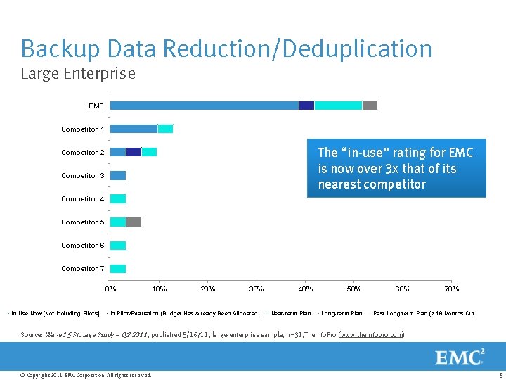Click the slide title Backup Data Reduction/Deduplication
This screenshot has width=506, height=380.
226,49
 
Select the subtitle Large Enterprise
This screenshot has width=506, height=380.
78,73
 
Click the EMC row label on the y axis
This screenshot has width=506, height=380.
96,106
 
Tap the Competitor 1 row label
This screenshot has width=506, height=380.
83,129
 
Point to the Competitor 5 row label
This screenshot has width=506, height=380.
83,222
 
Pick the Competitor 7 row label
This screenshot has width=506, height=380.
83,269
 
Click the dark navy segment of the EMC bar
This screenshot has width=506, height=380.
306,106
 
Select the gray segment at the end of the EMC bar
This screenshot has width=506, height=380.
370,106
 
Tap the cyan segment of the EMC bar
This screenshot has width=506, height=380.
338,106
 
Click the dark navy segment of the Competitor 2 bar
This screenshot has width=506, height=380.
134,152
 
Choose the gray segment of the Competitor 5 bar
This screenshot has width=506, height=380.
134,222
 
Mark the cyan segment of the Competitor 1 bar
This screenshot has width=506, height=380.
165,129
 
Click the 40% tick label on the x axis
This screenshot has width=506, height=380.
306,289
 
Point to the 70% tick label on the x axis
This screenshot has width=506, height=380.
451,289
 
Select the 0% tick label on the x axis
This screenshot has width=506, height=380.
111,289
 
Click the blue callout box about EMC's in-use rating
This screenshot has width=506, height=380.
396,169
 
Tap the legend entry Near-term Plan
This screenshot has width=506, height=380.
290,313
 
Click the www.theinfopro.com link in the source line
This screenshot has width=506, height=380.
371,335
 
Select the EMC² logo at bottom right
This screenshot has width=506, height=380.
460,357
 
